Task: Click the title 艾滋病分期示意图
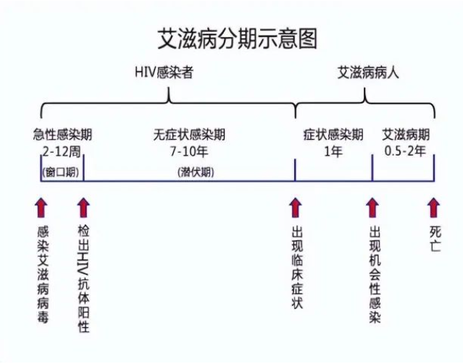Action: (238, 38)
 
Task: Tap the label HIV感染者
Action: (164, 72)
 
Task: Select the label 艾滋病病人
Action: (368, 72)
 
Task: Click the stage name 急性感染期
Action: (62, 135)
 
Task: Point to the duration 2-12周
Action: (62, 152)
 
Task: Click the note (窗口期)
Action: (61, 172)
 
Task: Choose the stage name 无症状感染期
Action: (189, 135)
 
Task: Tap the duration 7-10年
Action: (189, 152)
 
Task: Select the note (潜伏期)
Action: (196, 172)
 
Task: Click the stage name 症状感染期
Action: (333, 135)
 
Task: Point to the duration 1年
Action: (333, 152)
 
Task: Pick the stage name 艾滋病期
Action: (406, 135)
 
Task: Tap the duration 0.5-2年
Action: (405, 151)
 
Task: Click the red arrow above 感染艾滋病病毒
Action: (41, 208)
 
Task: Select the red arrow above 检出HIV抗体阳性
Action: (83, 208)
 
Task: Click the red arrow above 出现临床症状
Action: (296, 208)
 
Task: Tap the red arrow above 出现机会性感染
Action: (372, 208)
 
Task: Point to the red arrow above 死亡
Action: (434, 208)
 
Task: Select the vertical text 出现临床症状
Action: (297, 268)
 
